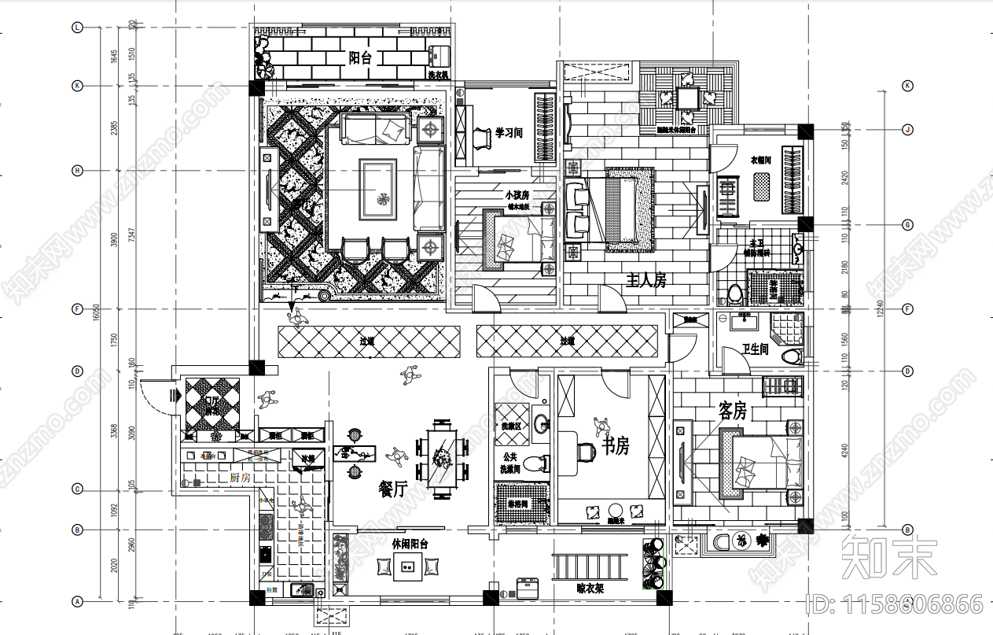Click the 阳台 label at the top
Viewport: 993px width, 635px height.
[x=360, y=57]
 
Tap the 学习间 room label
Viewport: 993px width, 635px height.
[x=509, y=134]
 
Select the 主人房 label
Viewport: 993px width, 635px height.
[x=646, y=279]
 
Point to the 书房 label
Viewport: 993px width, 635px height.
[x=616, y=446]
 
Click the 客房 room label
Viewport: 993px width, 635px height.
[x=732, y=410]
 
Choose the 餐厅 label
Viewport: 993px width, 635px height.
[x=392, y=489]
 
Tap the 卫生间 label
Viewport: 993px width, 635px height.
[x=755, y=349]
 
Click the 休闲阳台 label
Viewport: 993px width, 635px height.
[x=410, y=544]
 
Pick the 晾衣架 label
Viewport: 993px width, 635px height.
[x=590, y=586]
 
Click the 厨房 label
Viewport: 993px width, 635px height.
[x=240, y=477]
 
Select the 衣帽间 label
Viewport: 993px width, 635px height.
[x=760, y=159]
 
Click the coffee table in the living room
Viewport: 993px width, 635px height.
[x=377, y=189]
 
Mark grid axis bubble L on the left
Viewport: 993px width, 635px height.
[x=77, y=28]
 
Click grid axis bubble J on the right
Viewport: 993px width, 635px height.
[x=907, y=130]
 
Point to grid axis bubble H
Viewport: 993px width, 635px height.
[x=77, y=170]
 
